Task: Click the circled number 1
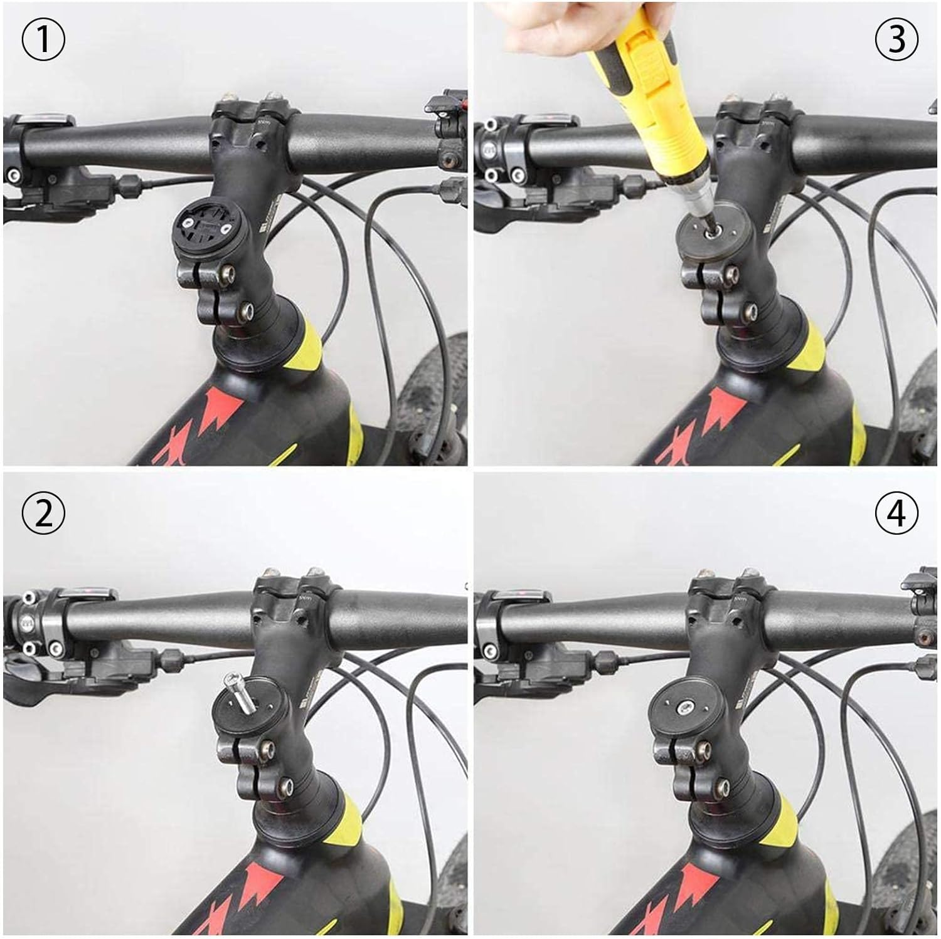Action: coord(43,40)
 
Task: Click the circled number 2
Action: coord(43,513)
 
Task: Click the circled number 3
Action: coord(896,40)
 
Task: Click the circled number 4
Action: coord(896,513)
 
